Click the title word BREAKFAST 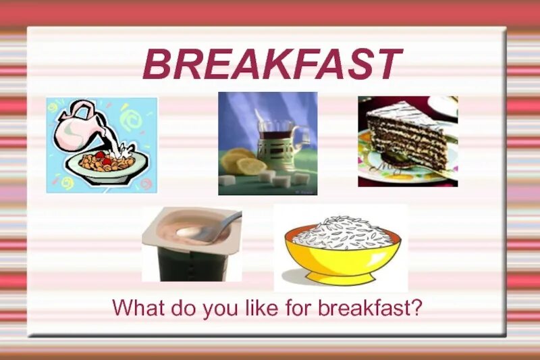(272, 66)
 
